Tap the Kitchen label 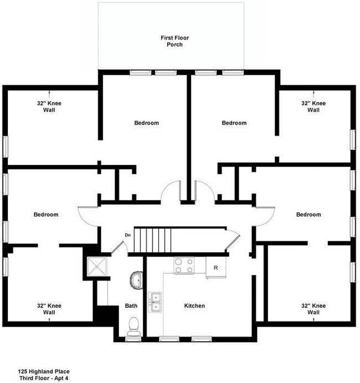coord(194,306)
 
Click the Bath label coord(131,306)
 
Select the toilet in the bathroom coord(133,327)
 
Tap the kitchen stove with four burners coord(184,266)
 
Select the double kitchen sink coord(155,302)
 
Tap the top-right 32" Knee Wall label coord(313,106)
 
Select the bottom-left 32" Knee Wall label coord(49,309)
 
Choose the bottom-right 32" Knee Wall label coord(313,309)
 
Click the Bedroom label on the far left coord(46,214)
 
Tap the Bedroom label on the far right coord(308,214)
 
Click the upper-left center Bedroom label coord(147,123)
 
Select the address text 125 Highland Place coord(44,371)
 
